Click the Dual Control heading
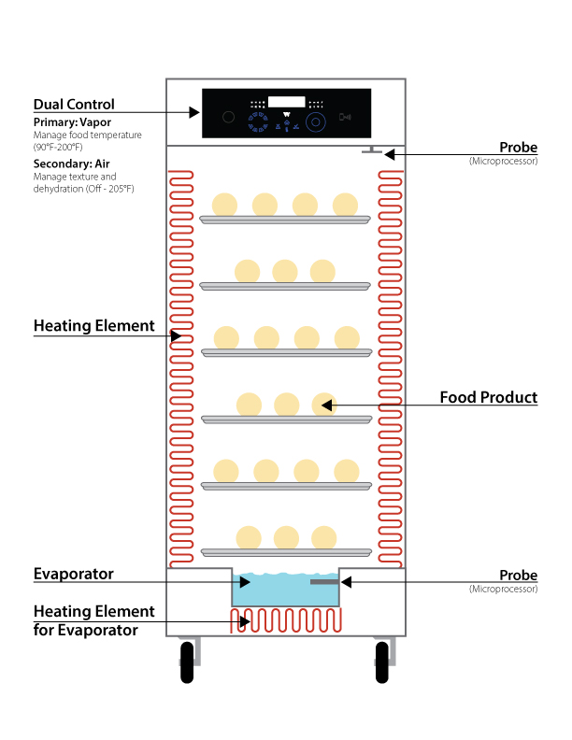click(x=73, y=104)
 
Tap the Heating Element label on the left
click(x=93, y=326)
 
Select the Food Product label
click(x=488, y=398)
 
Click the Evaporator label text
click(x=73, y=574)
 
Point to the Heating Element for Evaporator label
click(x=93, y=620)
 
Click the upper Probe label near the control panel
click(x=518, y=148)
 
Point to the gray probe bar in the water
click(x=323, y=582)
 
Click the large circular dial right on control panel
click(x=316, y=121)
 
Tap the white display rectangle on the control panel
click(x=286, y=102)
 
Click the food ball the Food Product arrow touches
click(x=323, y=405)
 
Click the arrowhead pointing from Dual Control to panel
click(x=194, y=112)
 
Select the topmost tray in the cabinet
click(x=285, y=220)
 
